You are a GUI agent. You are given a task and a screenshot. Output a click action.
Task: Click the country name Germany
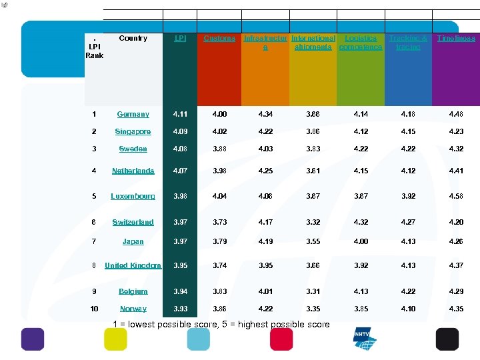pos(133,115)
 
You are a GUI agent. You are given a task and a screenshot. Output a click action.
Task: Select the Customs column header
pos(219,39)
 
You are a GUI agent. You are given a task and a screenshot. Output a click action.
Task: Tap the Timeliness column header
pos(456,39)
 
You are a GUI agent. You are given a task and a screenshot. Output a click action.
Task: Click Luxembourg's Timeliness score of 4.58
pos(456,197)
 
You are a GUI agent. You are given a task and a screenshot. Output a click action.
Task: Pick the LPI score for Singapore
pos(180,132)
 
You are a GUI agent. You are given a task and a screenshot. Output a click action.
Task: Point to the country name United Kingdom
pos(133,265)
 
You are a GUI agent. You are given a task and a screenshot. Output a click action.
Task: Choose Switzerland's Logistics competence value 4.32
pos(361,222)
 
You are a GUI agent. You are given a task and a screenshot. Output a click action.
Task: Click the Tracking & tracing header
pos(408,43)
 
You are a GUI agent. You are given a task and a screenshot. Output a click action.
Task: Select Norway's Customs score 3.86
pos(219,309)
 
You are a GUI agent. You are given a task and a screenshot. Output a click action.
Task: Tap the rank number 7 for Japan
pos(94,242)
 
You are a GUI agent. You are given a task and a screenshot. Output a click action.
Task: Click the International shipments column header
pos(313,43)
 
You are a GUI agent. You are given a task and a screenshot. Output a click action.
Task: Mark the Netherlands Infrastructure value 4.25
pos(266,171)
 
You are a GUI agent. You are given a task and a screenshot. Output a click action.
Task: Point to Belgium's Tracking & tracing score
pos(408,291)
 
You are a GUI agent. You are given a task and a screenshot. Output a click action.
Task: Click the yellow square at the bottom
pos(115,339)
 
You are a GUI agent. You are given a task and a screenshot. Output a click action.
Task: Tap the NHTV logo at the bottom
pos(365,339)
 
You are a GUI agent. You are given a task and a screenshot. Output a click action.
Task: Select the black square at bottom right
pos(447,339)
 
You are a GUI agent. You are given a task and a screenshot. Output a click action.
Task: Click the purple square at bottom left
pos(33,339)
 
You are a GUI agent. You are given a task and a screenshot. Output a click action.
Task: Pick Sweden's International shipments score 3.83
pos(313,149)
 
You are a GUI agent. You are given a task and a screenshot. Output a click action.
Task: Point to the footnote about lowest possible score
pos(221,325)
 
